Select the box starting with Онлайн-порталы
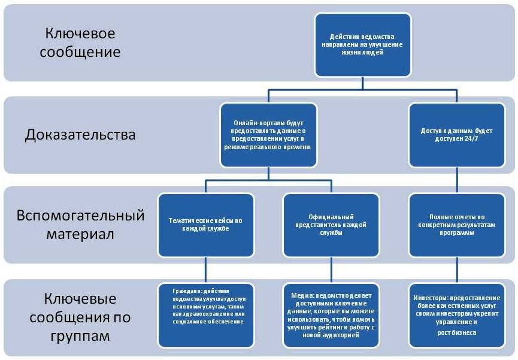[x=268, y=134]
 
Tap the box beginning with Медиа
[x=331, y=314]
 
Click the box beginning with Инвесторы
[x=454, y=314]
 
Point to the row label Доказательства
[x=80, y=135]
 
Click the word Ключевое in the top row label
[x=80, y=32]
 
